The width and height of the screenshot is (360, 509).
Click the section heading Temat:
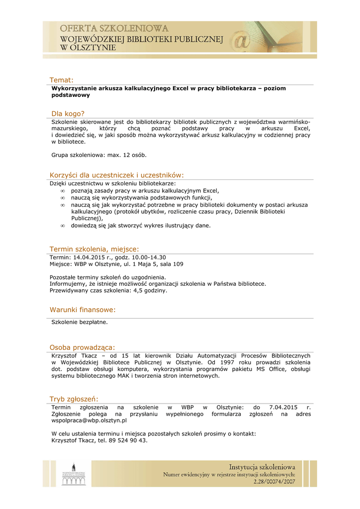(61, 80)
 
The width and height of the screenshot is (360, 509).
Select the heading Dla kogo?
(68, 113)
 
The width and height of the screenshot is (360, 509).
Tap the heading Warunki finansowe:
(83, 310)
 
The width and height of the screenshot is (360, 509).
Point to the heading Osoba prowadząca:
(82, 347)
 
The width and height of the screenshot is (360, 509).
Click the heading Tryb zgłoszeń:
(74, 399)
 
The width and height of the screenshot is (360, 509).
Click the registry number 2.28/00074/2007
(274, 482)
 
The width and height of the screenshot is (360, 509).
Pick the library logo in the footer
(74, 474)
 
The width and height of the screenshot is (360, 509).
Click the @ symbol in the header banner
(243, 41)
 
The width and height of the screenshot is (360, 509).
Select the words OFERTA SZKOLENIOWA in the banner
(114, 29)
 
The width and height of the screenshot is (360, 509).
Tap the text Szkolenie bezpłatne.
(80, 322)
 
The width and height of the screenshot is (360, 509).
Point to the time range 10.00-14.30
(149, 257)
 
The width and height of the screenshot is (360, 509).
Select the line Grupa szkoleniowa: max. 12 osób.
(99, 155)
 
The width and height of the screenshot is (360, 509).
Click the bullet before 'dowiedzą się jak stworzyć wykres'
(63, 225)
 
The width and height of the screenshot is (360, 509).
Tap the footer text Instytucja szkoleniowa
(262, 467)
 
